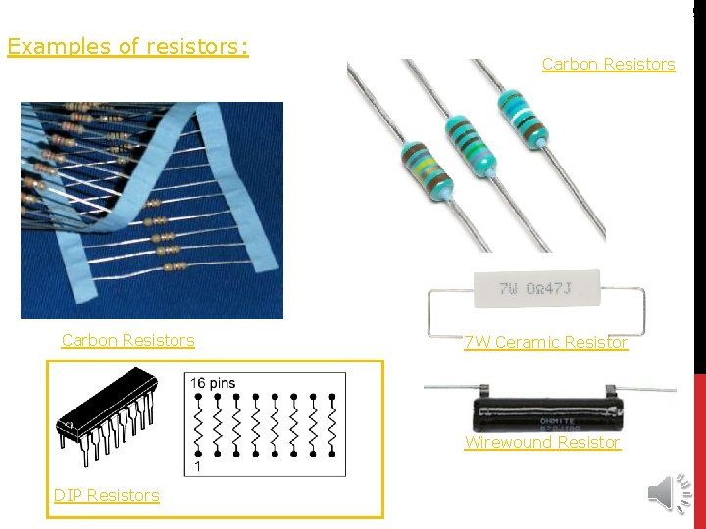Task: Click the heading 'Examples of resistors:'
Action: [x=127, y=46]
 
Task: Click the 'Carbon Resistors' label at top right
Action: [x=608, y=64]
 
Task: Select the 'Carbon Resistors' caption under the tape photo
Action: [x=127, y=340]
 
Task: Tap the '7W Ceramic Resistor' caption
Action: [x=546, y=342]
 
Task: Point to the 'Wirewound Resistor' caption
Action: [x=542, y=442]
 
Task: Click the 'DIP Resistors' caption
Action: [x=106, y=495]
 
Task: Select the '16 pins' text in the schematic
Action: [x=213, y=383]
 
